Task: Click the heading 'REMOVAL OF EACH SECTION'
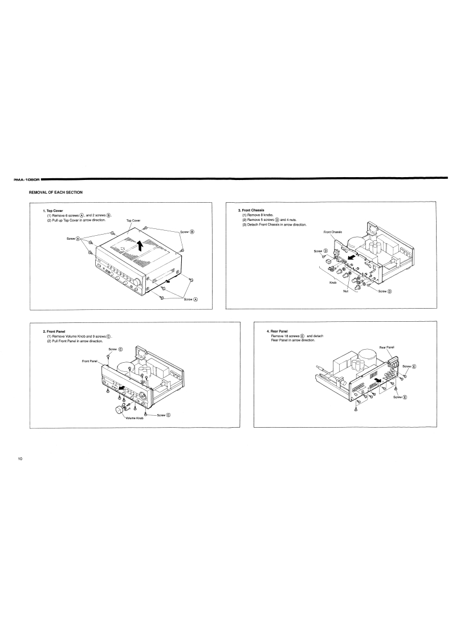click(55, 192)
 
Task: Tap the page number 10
click(21, 459)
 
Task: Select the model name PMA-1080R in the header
click(26, 179)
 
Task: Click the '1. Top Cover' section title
click(53, 211)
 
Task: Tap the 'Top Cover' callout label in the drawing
click(133, 220)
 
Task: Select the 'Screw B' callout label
click(188, 232)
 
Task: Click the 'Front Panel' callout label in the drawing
click(89, 361)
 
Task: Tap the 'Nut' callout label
click(346, 291)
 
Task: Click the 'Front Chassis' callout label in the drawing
click(333, 232)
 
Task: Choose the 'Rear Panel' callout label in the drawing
click(386, 347)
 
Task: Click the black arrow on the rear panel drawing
click(379, 380)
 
